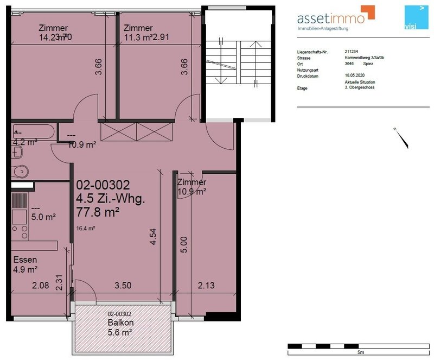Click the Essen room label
pyautogui.click(x=25, y=259)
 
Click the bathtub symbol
pyautogui.click(x=33, y=131)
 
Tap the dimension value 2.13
pyautogui.click(x=207, y=286)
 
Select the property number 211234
pyautogui.click(x=352, y=52)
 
